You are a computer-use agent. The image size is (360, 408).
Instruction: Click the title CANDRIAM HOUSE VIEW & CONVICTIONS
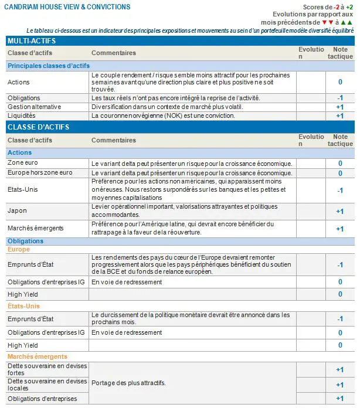(69, 6)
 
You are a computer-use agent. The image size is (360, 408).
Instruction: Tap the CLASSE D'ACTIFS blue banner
(38, 127)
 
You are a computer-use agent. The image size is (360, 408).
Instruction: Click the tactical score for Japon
(339, 211)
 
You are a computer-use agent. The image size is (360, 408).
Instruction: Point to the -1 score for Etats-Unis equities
(339, 191)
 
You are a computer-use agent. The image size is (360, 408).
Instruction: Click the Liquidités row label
(23, 115)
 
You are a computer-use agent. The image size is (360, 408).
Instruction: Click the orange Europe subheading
(18, 249)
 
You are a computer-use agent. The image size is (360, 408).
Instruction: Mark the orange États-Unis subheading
(23, 306)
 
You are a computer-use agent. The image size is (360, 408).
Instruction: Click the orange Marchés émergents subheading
(37, 356)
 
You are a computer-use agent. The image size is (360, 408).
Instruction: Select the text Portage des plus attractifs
(128, 383)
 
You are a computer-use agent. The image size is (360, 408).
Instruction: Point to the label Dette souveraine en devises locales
(47, 385)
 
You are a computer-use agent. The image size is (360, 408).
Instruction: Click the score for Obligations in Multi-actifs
(339, 98)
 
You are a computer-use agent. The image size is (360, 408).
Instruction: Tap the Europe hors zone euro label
(40, 172)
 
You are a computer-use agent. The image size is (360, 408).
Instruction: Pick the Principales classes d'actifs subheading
(49, 66)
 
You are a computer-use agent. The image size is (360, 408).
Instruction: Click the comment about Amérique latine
(182, 228)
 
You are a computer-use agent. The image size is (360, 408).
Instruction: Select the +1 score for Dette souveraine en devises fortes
(339, 369)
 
